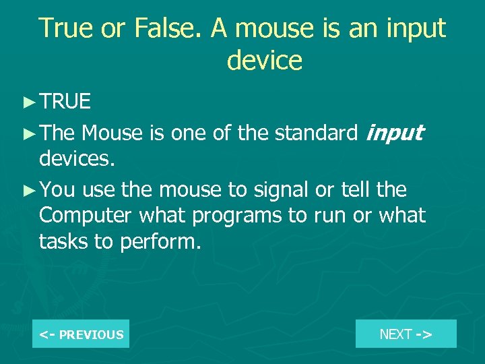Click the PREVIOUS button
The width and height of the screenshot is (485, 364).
(x=81, y=334)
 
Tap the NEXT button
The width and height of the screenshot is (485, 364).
(x=406, y=334)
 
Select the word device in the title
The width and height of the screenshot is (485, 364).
(x=265, y=60)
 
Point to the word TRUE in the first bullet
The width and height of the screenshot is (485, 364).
(x=65, y=102)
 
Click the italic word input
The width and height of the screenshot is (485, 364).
(x=393, y=133)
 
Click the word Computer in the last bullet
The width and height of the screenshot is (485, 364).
(x=86, y=216)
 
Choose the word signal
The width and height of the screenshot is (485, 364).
(x=282, y=189)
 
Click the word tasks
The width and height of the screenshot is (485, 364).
(x=65, y=242)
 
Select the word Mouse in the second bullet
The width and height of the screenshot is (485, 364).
(x=112, y=133)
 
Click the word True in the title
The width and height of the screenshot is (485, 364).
(x=65, y=28)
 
